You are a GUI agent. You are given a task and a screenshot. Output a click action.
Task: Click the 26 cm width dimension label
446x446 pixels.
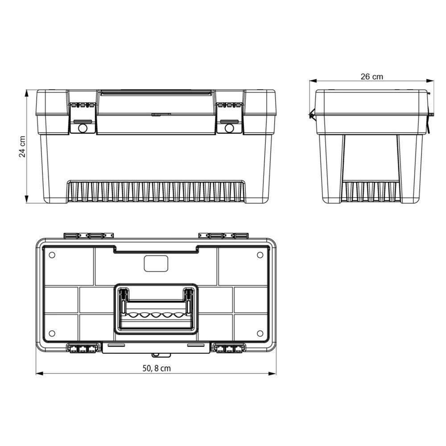tap(372, 76)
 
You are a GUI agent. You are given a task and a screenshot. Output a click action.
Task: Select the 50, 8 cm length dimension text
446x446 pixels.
tap(156, 368)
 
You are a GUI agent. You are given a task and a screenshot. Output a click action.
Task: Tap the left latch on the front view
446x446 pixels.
tap(83, 118)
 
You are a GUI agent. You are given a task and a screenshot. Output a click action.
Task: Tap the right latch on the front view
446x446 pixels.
tap(229, 118)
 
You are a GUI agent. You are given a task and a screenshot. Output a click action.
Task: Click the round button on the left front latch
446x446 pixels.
tap(82, 128)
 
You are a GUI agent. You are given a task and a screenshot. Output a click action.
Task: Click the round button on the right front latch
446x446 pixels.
tap(229, 128)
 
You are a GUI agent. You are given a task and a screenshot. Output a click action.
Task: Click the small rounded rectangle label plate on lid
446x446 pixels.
tap(156, 264)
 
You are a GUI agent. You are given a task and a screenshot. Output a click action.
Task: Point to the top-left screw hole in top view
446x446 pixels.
tap(52, 255)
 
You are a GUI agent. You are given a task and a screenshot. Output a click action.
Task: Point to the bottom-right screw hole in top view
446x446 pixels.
tap(260, 333)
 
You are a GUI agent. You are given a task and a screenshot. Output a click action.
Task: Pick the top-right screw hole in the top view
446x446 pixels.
tap(260, 255)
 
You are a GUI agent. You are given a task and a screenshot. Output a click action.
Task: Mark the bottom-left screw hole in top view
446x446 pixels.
tap(52, 333)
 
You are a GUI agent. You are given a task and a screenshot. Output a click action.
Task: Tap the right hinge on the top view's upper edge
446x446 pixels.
tap(223, 235)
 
